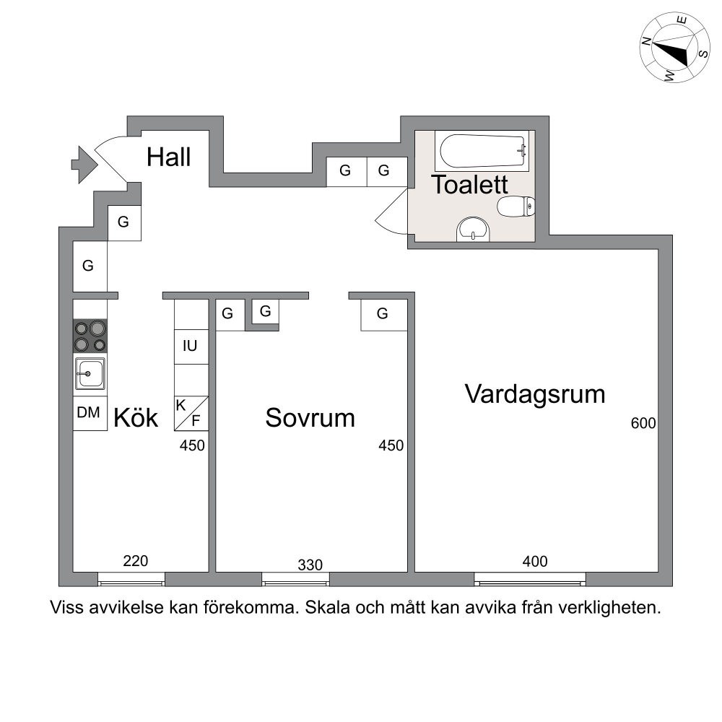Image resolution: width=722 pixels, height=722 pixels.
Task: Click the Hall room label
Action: pyautogui.click(x=168, y=157)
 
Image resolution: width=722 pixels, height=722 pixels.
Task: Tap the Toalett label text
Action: pyautogui.click(x=470, y=185)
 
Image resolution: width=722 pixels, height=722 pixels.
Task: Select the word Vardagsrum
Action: pyautogui.click(x=535, y=395)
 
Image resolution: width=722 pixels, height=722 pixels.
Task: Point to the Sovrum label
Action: pyautogui.click(x=310, y=418)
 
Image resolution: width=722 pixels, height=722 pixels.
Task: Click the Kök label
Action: pyautogui.click(x=136, y=417)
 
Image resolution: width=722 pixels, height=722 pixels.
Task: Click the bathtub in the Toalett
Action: pyautogui.click(x=482, y=151)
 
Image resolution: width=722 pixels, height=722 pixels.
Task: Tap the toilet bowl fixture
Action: pyautogui.click(x=516, y=206)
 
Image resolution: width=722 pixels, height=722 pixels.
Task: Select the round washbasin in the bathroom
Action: pyautogui.click(x=473, y=229)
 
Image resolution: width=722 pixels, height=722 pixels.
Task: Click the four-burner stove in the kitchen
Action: pyautogui.click(x=90, y=336)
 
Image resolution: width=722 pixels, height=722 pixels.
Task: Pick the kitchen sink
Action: pyautogui.click(x=90, y=373)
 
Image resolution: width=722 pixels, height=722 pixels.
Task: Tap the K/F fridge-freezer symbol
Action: pyautogui.click(x=191, y=414)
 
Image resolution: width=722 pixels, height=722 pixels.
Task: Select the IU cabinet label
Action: pyautogui.click(x=190, y=346)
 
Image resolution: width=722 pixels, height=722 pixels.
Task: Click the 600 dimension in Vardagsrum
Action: pyautogui.click(x=643, y=423)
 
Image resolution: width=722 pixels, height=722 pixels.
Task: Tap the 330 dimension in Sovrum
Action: pyautogui.click(x=310, y=565)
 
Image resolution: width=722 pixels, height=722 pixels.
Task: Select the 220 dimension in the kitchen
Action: pyautogui.click(x=136, y=561)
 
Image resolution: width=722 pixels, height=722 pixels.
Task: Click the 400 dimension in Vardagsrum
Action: pyautogui.click(x=535, y=561)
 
